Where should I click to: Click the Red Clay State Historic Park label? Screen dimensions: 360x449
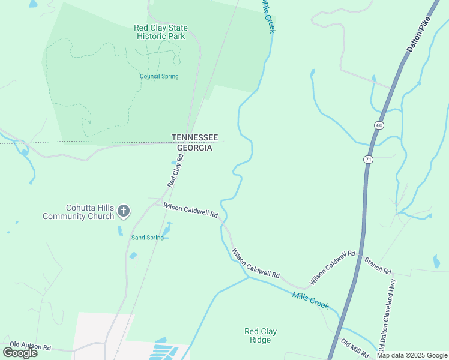(x=160, y=32)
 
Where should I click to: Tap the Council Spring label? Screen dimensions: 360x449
(x=159, y=76)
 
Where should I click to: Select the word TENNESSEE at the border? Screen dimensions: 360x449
(x=194, y=137)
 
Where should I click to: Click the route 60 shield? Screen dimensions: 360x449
(x=378, y=125)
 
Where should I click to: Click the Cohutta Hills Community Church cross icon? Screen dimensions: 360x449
(x=124, y=211)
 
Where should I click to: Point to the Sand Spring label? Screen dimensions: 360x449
(x=148, y=238)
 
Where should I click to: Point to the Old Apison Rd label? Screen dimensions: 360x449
(x=31, y=347)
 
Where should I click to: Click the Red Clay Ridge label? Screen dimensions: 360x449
(x=261, y=335)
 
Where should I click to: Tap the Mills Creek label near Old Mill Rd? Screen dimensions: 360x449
(x=310, y=300)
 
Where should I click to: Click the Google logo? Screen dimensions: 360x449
(x=20, y=352)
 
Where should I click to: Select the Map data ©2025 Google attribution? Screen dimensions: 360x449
(x=412, y=355)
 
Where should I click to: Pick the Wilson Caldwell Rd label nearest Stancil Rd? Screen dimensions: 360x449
(x=332, y=268)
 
